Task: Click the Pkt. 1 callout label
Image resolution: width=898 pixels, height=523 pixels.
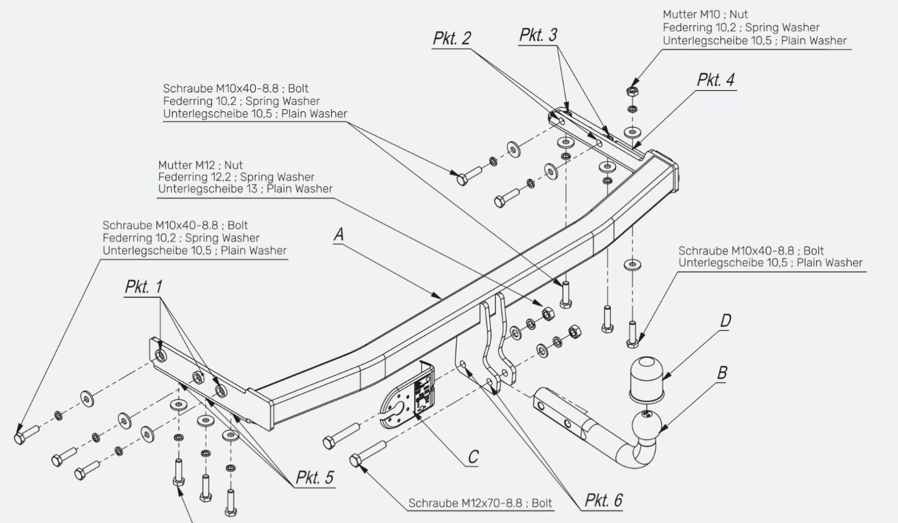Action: (x=143, y=287)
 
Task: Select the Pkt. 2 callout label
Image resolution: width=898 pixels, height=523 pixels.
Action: (x=452, y=39)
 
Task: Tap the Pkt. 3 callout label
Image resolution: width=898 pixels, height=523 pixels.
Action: (x=539, y=35)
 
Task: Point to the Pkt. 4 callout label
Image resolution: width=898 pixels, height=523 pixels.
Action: (x=715, y=80)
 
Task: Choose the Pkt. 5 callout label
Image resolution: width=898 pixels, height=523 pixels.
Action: (x=315, y=478)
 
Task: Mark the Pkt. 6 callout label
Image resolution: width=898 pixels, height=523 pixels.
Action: (x=604, y=501)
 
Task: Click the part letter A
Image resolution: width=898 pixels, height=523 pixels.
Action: (x=339, y=235)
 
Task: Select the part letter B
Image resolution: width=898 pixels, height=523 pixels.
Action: (x=722, y=373)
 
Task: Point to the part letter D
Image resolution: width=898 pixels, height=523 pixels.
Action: (x=726, y=321)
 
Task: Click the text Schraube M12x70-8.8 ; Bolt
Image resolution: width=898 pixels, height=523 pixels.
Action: (x=480, y=503)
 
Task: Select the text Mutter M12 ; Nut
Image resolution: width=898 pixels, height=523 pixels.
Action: (x=200, y=165)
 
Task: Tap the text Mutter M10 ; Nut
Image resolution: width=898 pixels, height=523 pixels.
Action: (x=705, y=15)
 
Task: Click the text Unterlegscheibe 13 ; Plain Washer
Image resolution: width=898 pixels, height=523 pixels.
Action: (x=245, y=189)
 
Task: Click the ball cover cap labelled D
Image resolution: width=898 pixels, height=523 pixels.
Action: (x=646, y=379)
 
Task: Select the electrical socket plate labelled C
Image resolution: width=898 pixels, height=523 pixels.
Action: (x=408, y=396)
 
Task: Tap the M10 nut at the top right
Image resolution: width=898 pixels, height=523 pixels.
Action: (x=633, y=91)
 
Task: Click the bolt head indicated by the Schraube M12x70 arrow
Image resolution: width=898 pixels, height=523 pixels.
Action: (x=355, y=460)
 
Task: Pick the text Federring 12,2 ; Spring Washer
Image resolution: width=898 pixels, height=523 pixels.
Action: (x=236, y=177)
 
